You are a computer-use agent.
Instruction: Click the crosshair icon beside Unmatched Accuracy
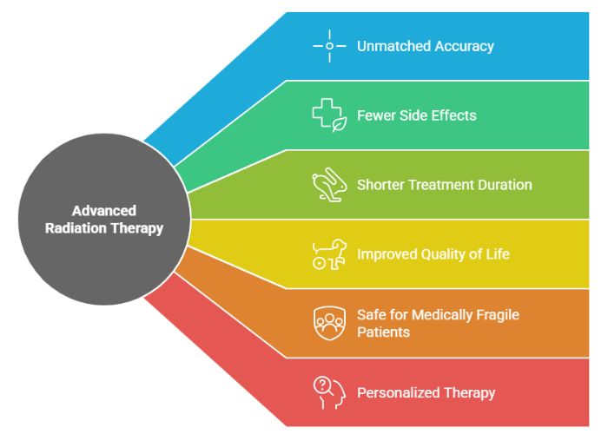[x=329, y=46]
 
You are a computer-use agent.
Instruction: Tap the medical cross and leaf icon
[x=329, y=115]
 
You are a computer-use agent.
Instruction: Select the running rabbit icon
[x=329, y=185]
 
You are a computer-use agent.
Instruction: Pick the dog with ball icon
[x=329, y=254]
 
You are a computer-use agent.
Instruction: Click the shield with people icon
[x=329, y=323]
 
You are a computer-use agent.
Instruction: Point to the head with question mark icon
[x=329, y=392]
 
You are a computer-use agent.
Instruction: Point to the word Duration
[x=504, y=185]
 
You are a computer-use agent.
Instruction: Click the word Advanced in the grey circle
[x=103, y=211]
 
